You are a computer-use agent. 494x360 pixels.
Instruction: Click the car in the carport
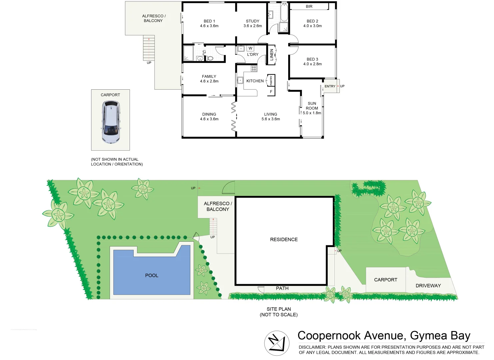pos(111,122)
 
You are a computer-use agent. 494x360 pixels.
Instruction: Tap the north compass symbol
pos(276,343)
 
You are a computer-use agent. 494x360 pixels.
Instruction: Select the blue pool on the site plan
pos(152,272)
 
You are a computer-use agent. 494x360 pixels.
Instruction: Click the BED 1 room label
pos(209,21)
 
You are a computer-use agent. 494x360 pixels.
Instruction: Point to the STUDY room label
pos(252,21)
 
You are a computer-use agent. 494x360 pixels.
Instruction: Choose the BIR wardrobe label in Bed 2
pos(309,6)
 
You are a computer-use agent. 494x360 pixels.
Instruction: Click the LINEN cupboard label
pos(271,54)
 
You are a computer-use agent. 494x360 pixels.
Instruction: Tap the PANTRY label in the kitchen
pos(271,81)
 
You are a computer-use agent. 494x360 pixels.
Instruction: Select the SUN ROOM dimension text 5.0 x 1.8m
pos(312,113)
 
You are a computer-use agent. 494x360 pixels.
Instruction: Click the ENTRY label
pos(330,86)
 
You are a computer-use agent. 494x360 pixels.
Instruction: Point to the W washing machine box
pos(250,48)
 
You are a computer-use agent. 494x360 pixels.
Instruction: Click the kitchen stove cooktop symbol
pos(254,69)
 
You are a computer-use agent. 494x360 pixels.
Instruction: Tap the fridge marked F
pos(271,92)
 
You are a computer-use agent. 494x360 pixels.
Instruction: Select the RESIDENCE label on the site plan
pos(284,239)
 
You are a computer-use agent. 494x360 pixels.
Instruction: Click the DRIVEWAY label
pos(428,286)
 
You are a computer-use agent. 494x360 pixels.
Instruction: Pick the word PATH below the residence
pos(282,288)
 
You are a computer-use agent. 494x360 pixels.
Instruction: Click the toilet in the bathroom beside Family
pos(210,58)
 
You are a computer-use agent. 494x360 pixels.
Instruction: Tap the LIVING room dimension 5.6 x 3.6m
pos(270,119)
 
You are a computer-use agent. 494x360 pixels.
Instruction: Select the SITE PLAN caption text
pos(278,309)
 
